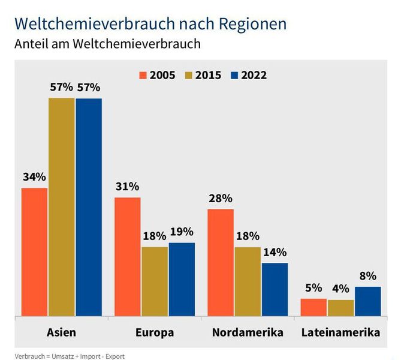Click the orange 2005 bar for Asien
[x=34, y=251]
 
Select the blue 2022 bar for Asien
[x=89, y=207]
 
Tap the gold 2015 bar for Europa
[x=154, y=281]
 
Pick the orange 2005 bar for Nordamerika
[x=221, y=262]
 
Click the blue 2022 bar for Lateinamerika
[x=367, y=301]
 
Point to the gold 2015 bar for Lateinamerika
[x=340, y=308]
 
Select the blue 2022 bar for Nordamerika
[x=275, y=289]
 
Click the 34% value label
[x=34, y=177]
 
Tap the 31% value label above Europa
[x=127, y=187]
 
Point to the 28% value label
[x=221, y=199]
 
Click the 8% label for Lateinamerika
[x=367, y=276]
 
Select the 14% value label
[x=275, y=252]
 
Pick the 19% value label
[x=182, y=232]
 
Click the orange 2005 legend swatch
[x=143, y=75]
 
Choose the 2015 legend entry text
[x=208, y=75]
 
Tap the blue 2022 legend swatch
[x=235, y=75]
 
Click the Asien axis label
[x=61, y=332]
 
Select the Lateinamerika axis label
[x=340, y=332]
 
